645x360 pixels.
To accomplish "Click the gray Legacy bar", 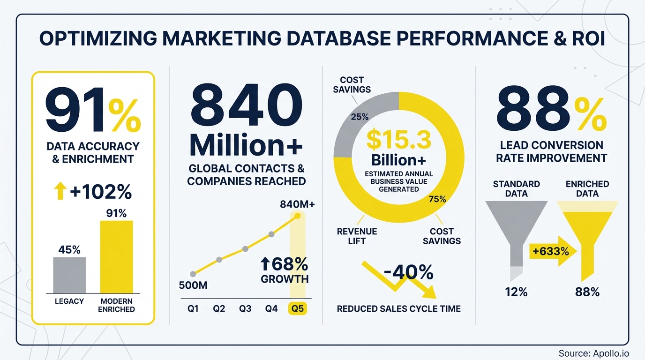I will [x=69, y=275].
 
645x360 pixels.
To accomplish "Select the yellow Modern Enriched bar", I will [x=117, y=257].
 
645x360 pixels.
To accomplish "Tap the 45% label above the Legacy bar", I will [x=69, y=250].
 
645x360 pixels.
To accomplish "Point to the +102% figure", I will [x=101, y=193].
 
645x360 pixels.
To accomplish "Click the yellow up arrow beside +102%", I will [x=60, y=192].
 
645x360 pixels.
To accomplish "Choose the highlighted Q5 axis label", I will [x=298, y=309].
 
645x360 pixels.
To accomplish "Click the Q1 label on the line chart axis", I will [x=192, y=309].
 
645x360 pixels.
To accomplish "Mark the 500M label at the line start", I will [x=193, y=285].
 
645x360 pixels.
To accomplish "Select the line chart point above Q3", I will [x=245, y=249].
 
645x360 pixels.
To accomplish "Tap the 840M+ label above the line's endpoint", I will [x=298, y=204].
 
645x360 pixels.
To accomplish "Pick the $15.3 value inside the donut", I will [x=398, y=140].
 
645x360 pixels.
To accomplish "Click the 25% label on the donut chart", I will [x=360, y=117].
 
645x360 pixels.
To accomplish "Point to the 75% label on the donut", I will [x=437, y=199].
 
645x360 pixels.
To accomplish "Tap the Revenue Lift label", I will [x=357, y=236].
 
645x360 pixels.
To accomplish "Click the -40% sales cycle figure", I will [x=408, y=272].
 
